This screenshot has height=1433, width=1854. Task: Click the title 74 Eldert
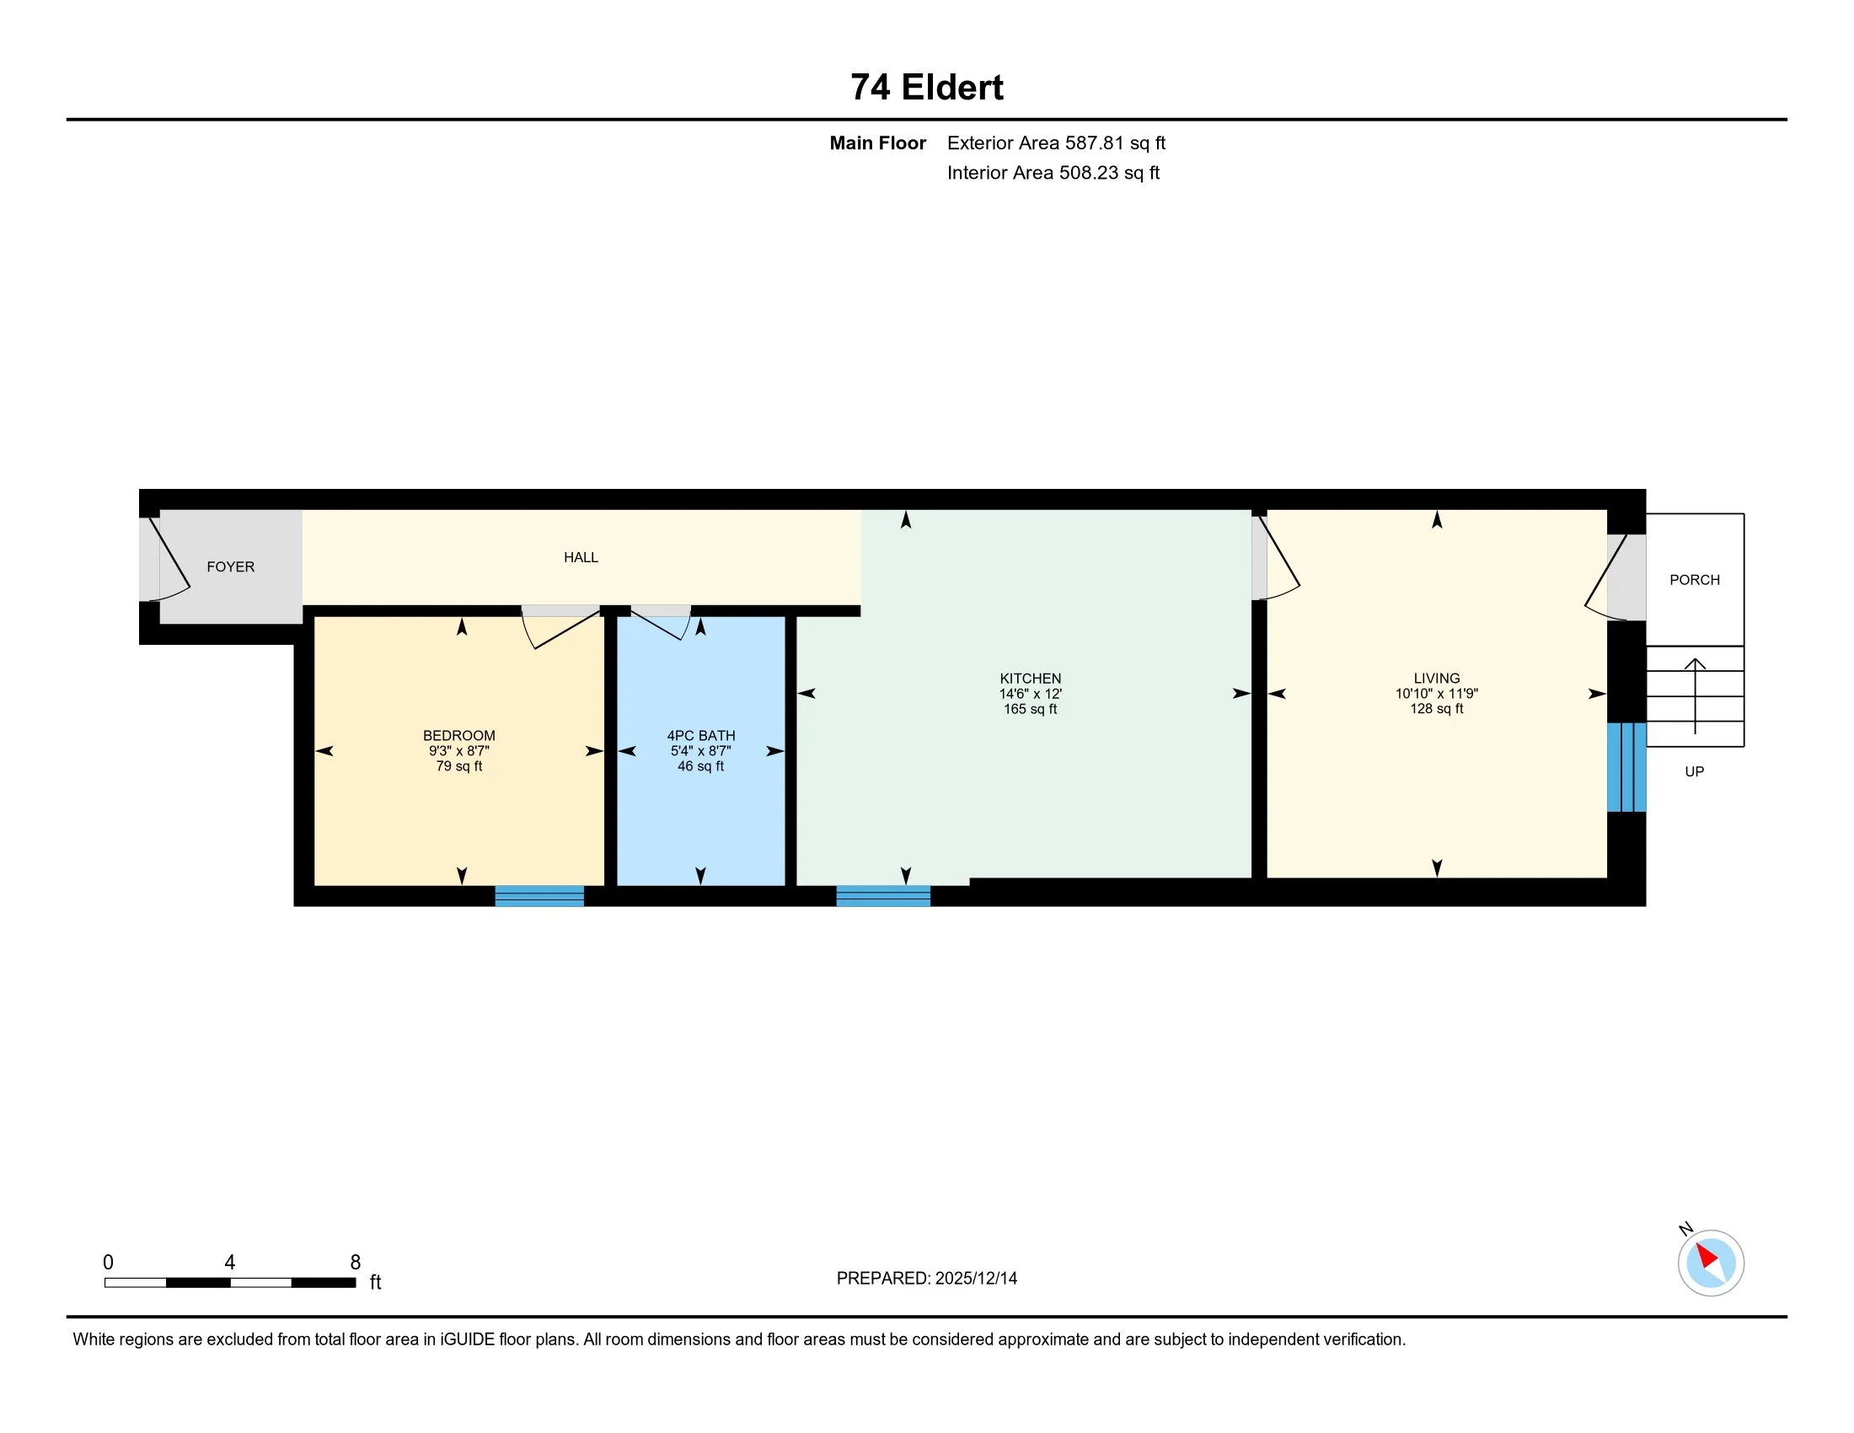coord(926,88)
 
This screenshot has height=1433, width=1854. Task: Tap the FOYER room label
coord(230,566)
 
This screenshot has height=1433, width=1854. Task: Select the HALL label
coord(581,557)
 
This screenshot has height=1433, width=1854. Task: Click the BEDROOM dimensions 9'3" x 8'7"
coord(458,750)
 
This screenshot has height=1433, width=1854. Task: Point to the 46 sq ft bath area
coord(700,765)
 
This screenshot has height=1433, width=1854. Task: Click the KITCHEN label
coord(1030,679)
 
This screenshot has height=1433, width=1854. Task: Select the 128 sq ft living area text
coord(1436,708)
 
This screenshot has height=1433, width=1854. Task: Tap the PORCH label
coord(1695,580)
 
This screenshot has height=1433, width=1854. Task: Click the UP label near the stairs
coord(1694,770)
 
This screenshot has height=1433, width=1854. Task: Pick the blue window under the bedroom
coord(539,895)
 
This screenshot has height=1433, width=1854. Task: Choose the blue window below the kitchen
coord(883,895)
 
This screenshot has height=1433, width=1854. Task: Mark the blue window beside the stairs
coord(1626,766)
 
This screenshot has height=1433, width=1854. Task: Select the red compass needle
coord(1707,1256)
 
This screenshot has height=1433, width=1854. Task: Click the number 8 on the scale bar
coord(355,1262)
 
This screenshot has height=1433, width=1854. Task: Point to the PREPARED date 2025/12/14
coord(926,1278)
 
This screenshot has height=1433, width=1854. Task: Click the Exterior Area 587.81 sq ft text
coord(1056,142)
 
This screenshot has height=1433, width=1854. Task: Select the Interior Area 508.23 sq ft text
coord(1053,172)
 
